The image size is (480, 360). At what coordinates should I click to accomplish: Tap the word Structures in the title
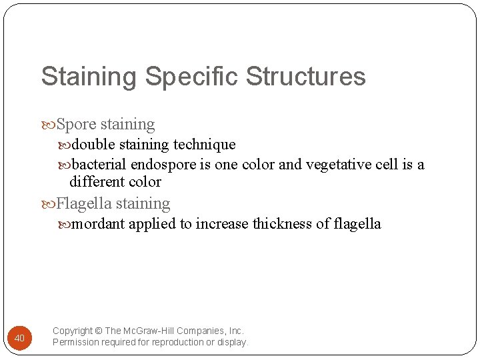306,77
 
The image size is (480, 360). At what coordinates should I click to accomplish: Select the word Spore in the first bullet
77,125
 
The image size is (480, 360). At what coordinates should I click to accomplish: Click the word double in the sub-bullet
93,145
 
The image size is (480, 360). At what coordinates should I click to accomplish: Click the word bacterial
99,164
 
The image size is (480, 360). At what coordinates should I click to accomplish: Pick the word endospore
163,164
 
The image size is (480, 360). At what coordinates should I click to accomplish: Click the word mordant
99,223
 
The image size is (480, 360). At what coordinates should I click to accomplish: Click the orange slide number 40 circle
19,338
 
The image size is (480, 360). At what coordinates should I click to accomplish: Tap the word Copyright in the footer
73,331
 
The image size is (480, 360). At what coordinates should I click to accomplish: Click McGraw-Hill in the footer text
159,331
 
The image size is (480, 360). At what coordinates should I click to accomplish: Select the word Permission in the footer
76,342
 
